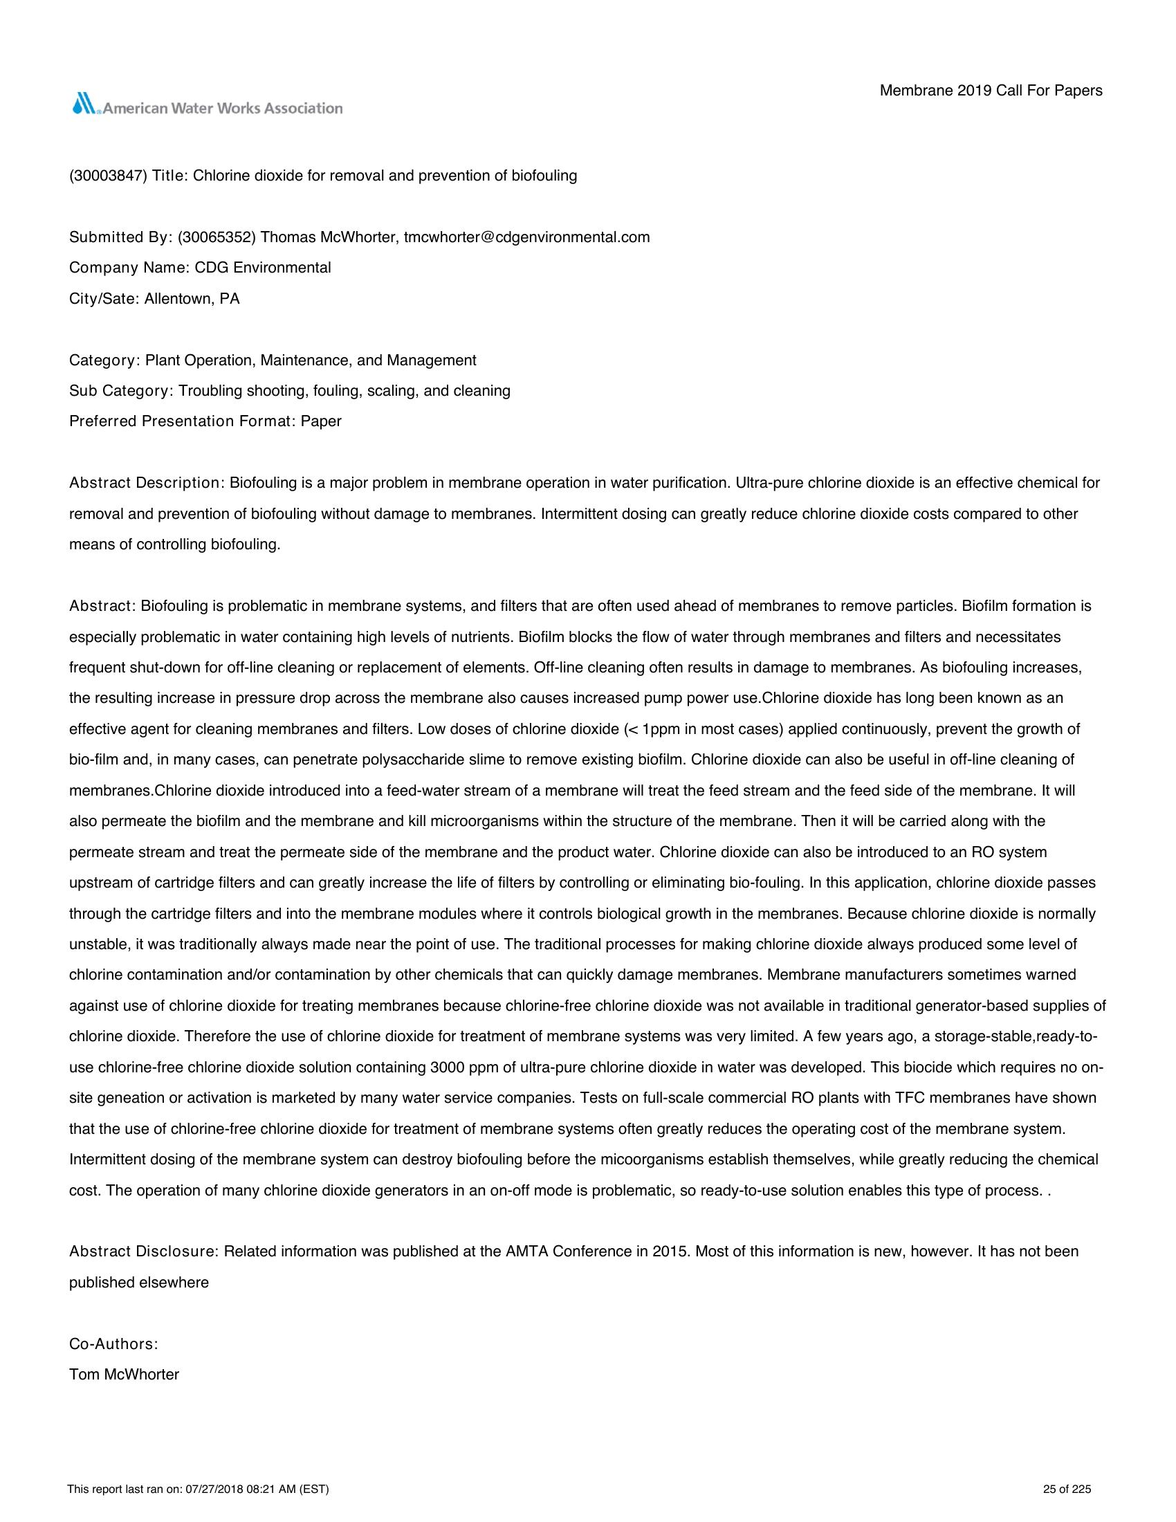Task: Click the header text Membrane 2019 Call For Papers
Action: pyautogui.click(x=991, y=91)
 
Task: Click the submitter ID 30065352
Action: pyautogui.click(x=217, y=237)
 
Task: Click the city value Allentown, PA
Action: pyautogui.click(x=192, y=299)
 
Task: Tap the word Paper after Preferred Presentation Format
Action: pyautogui.click(x=321, y=421)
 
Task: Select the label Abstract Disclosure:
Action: pyautogui.click(x=144, y=1251)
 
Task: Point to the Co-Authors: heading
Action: pyautogui.click(x=113, y=1344)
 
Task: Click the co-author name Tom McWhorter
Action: pyautogui.click(x=124, y=1375)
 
